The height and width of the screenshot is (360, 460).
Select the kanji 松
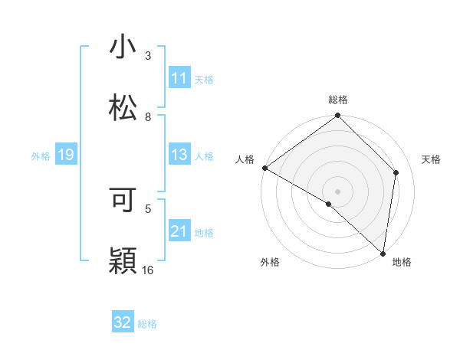(x=123, y=108)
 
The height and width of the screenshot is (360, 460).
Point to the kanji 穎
(x=123, y=260)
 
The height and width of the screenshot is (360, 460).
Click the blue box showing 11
(x=179, y=78)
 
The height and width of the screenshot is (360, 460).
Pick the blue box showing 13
(x=179, y=155)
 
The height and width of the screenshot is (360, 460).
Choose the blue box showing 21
(x=179, y=231)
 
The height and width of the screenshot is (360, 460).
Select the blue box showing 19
(x=65, y=155)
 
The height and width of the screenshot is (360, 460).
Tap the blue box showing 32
(x=123, y=322)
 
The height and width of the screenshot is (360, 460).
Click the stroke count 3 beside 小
(x=148, y=55)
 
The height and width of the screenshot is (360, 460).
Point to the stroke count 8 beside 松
(x=148, y=116)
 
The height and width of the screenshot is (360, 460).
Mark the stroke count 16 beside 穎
(x=148, y=270)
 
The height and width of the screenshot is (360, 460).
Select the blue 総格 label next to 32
(x=147, y=324)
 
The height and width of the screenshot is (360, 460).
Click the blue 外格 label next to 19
(x=41, y=156)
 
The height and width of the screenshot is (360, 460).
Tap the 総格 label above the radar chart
(x=338, y=100)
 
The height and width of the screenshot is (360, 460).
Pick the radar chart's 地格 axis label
(x=402, y=262)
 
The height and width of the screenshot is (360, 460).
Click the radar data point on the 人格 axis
(x=264, y=168)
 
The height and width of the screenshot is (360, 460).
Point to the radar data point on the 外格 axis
(x=329, y=204)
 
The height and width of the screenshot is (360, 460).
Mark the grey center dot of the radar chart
(x=338, y=191)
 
